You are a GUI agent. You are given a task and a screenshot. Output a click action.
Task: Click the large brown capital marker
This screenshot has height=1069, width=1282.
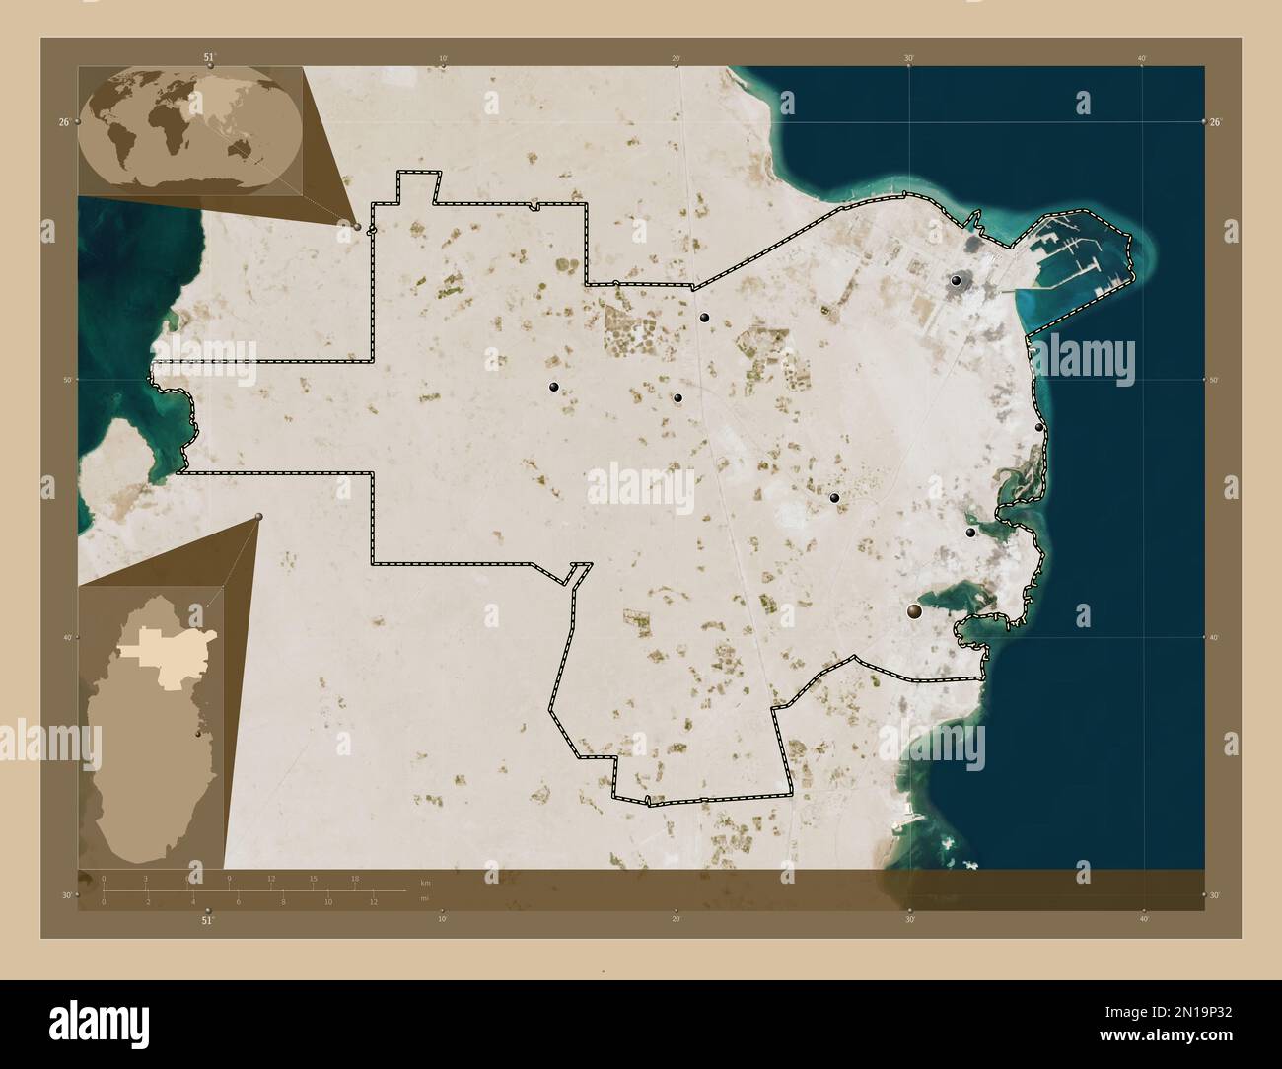pos(915,612)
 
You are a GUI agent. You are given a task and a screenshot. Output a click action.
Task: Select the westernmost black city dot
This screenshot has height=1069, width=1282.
pos(554,387)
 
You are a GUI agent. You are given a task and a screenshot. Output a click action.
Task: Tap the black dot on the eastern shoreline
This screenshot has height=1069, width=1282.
pos(1039,428)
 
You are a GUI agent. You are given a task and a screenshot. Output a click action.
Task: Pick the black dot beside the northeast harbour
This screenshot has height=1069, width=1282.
pos(956,281)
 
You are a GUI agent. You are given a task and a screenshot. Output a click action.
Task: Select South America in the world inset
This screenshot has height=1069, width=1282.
pos(126,151)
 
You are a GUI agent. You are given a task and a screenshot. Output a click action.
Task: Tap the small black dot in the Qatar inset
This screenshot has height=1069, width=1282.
pos(198,734)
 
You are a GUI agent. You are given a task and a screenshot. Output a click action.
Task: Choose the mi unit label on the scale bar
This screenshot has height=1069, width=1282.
pos(424,898)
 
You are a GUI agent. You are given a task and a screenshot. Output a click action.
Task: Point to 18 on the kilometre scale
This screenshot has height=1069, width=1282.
pos(355,879)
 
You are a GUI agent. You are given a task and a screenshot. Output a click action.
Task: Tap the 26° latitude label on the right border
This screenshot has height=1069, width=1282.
pos(1215,122)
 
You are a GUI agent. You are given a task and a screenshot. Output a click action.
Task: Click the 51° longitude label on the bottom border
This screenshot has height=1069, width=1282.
pos(207,920)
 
